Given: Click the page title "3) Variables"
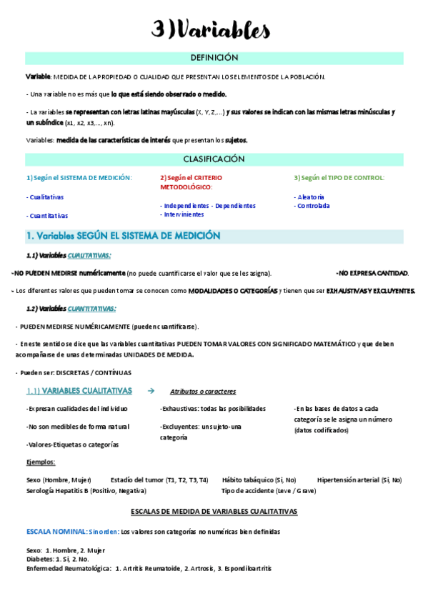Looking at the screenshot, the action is pos(211,29).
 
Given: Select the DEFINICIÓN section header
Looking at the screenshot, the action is pos(214,58).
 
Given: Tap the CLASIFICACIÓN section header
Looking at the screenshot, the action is pos(214,159).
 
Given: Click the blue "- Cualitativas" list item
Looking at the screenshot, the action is pos(45,197).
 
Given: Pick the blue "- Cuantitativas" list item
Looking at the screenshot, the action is pos(47,215).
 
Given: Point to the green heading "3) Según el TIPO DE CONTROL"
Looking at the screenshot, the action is pos(339,178).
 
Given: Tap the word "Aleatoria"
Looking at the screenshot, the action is pos(310,197).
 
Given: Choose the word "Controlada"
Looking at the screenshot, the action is pos(312,206).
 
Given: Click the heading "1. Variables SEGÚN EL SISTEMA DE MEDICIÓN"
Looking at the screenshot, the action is pos(123,236).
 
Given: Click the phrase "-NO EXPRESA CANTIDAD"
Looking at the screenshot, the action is pos(372,273).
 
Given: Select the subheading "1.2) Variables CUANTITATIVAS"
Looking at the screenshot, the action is pos(71,309).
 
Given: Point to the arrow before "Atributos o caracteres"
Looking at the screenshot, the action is pos(150,391).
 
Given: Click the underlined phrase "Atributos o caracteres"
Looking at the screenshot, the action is pos(203,392).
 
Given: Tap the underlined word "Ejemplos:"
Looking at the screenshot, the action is pos(40,462).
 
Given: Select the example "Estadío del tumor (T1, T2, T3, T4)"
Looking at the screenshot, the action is pos(159,480).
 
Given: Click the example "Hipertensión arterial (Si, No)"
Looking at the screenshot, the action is pos(359,480).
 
